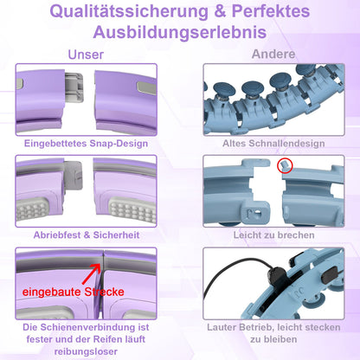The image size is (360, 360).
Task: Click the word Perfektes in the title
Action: point(270,12)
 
